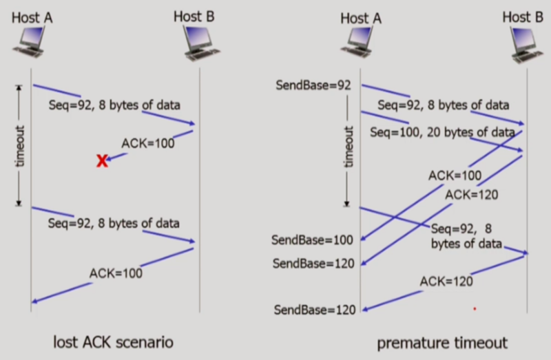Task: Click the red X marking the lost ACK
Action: (x=102, y=161)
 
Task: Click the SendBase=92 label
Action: (x=313, y=86)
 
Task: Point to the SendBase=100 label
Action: (x=312, y=240)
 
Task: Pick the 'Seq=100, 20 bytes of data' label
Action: (x=442, y=131)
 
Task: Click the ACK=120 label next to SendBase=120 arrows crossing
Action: (x=471, y=194)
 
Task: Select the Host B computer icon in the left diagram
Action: (x=196, y=43)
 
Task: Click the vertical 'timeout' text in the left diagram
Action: (x=19, y=145)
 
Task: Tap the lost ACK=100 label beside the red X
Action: (x=147, y=143)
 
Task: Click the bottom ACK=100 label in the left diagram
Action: (x=116, y=273)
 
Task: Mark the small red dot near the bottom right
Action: (x=475, y=309)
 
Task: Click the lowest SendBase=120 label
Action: (x=315, y=310)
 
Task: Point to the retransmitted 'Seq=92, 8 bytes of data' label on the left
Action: (x=114, y=223)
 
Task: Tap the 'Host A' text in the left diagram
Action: (x=32, y=16)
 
